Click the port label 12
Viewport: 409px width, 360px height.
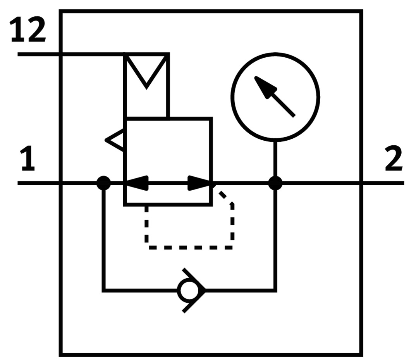27,31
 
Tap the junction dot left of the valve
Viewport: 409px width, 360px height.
103,183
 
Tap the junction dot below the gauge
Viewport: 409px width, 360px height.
275,183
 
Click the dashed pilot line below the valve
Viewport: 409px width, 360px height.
190,247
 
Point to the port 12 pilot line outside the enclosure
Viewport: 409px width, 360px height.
39,54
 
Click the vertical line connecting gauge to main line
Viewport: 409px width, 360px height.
275,159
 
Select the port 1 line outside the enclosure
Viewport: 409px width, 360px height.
39,183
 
